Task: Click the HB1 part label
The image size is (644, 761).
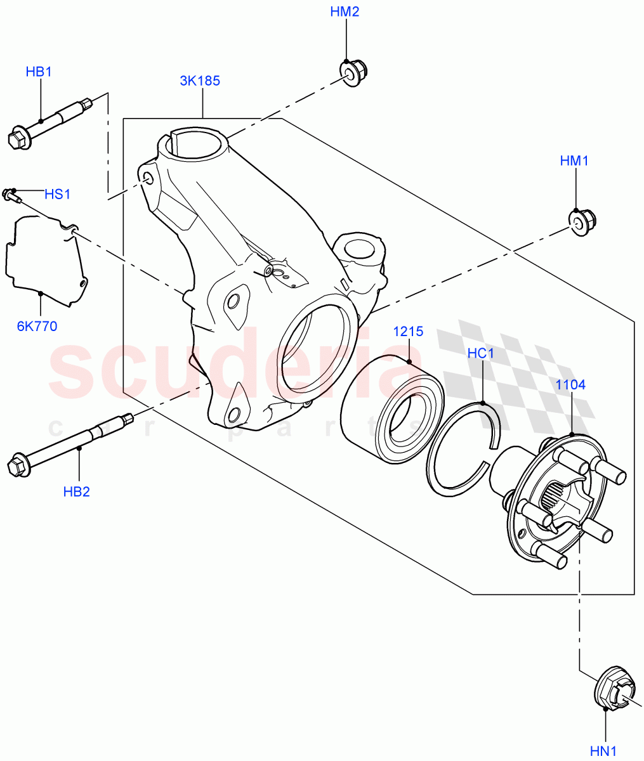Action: [39, 72]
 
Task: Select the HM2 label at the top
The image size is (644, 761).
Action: [345, 12]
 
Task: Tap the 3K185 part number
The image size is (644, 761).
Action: [200, 81]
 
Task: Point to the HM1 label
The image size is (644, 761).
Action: [574, 161]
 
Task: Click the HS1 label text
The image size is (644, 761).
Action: [58, 193]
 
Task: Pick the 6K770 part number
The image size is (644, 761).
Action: [37, 327]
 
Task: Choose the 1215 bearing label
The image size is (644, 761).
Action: [408, 332]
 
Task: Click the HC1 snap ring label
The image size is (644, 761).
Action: [480, 353]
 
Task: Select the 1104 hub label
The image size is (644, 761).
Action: [570, 384]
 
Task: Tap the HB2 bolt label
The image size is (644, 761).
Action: [77, 491]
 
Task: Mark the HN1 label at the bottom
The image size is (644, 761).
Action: [603, 751]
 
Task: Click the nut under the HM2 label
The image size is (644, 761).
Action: [351, 72]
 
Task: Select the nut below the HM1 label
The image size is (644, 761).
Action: [579, 223]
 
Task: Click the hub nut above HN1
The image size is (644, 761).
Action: [615, 691]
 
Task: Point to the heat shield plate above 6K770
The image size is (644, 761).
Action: [44, 258]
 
